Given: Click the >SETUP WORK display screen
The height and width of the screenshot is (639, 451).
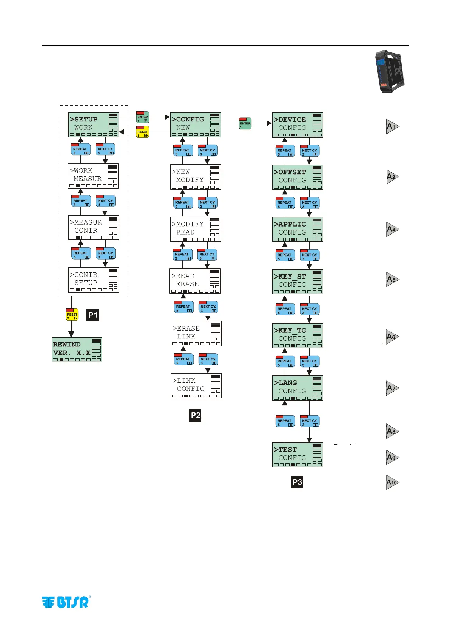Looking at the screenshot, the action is click(93, 124).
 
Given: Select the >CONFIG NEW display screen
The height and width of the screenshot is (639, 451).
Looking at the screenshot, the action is click(195, 124).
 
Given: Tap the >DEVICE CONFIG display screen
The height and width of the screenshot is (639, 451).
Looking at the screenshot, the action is click(298, 125).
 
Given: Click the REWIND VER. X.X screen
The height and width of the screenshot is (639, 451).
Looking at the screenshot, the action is click(77, 349).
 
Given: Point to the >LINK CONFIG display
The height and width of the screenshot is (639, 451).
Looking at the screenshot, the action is click(196, 386).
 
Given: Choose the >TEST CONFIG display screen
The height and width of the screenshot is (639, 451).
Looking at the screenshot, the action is click(298, 455).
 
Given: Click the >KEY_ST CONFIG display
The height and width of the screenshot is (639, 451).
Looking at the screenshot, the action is click(298, 282).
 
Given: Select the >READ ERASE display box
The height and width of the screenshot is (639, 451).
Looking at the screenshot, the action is click(195, 281).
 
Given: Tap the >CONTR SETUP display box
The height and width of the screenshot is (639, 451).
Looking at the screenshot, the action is click(93, 280).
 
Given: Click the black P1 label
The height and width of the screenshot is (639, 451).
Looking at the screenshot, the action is click(92, 315).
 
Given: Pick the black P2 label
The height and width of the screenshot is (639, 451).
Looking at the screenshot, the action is click(195, 415).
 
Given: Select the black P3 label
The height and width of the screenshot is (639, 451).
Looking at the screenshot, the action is click(297, 482).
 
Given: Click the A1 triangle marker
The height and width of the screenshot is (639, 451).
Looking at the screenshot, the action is click(392, 126).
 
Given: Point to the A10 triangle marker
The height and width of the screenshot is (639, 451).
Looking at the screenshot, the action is click(392, 482).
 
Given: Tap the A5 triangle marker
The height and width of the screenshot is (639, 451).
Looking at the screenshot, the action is click(392, 279).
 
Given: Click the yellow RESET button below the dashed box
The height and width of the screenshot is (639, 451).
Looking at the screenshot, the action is click(72, 314).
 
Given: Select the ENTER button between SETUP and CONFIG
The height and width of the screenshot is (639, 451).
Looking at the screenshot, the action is click(143, 117).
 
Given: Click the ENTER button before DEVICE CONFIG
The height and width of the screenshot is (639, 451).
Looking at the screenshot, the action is click(245, 123).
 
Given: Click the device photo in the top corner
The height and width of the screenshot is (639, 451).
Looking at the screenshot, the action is click(389, 71).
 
